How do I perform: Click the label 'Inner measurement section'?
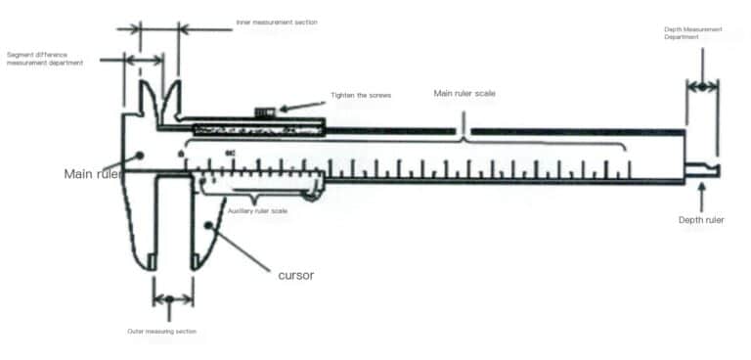[x=277, y=22]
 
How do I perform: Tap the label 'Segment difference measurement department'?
[x=45, y=58]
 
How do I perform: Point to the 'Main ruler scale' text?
[x=464, y=93]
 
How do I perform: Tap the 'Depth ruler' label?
[x=701, y=220]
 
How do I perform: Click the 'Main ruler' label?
[x=92, y=174]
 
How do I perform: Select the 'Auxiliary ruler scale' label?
[x=257, y=210]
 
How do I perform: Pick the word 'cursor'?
[x=296, y=275]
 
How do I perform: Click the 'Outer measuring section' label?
[x=162, y=332]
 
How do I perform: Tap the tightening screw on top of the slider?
[x=263, y=112]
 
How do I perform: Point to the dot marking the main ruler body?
[x=141, y=155]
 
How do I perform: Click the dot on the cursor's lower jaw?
[x=208, y=226]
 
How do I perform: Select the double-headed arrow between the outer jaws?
[x=172, y=297]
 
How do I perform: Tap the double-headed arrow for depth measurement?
[x=702, y=87]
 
